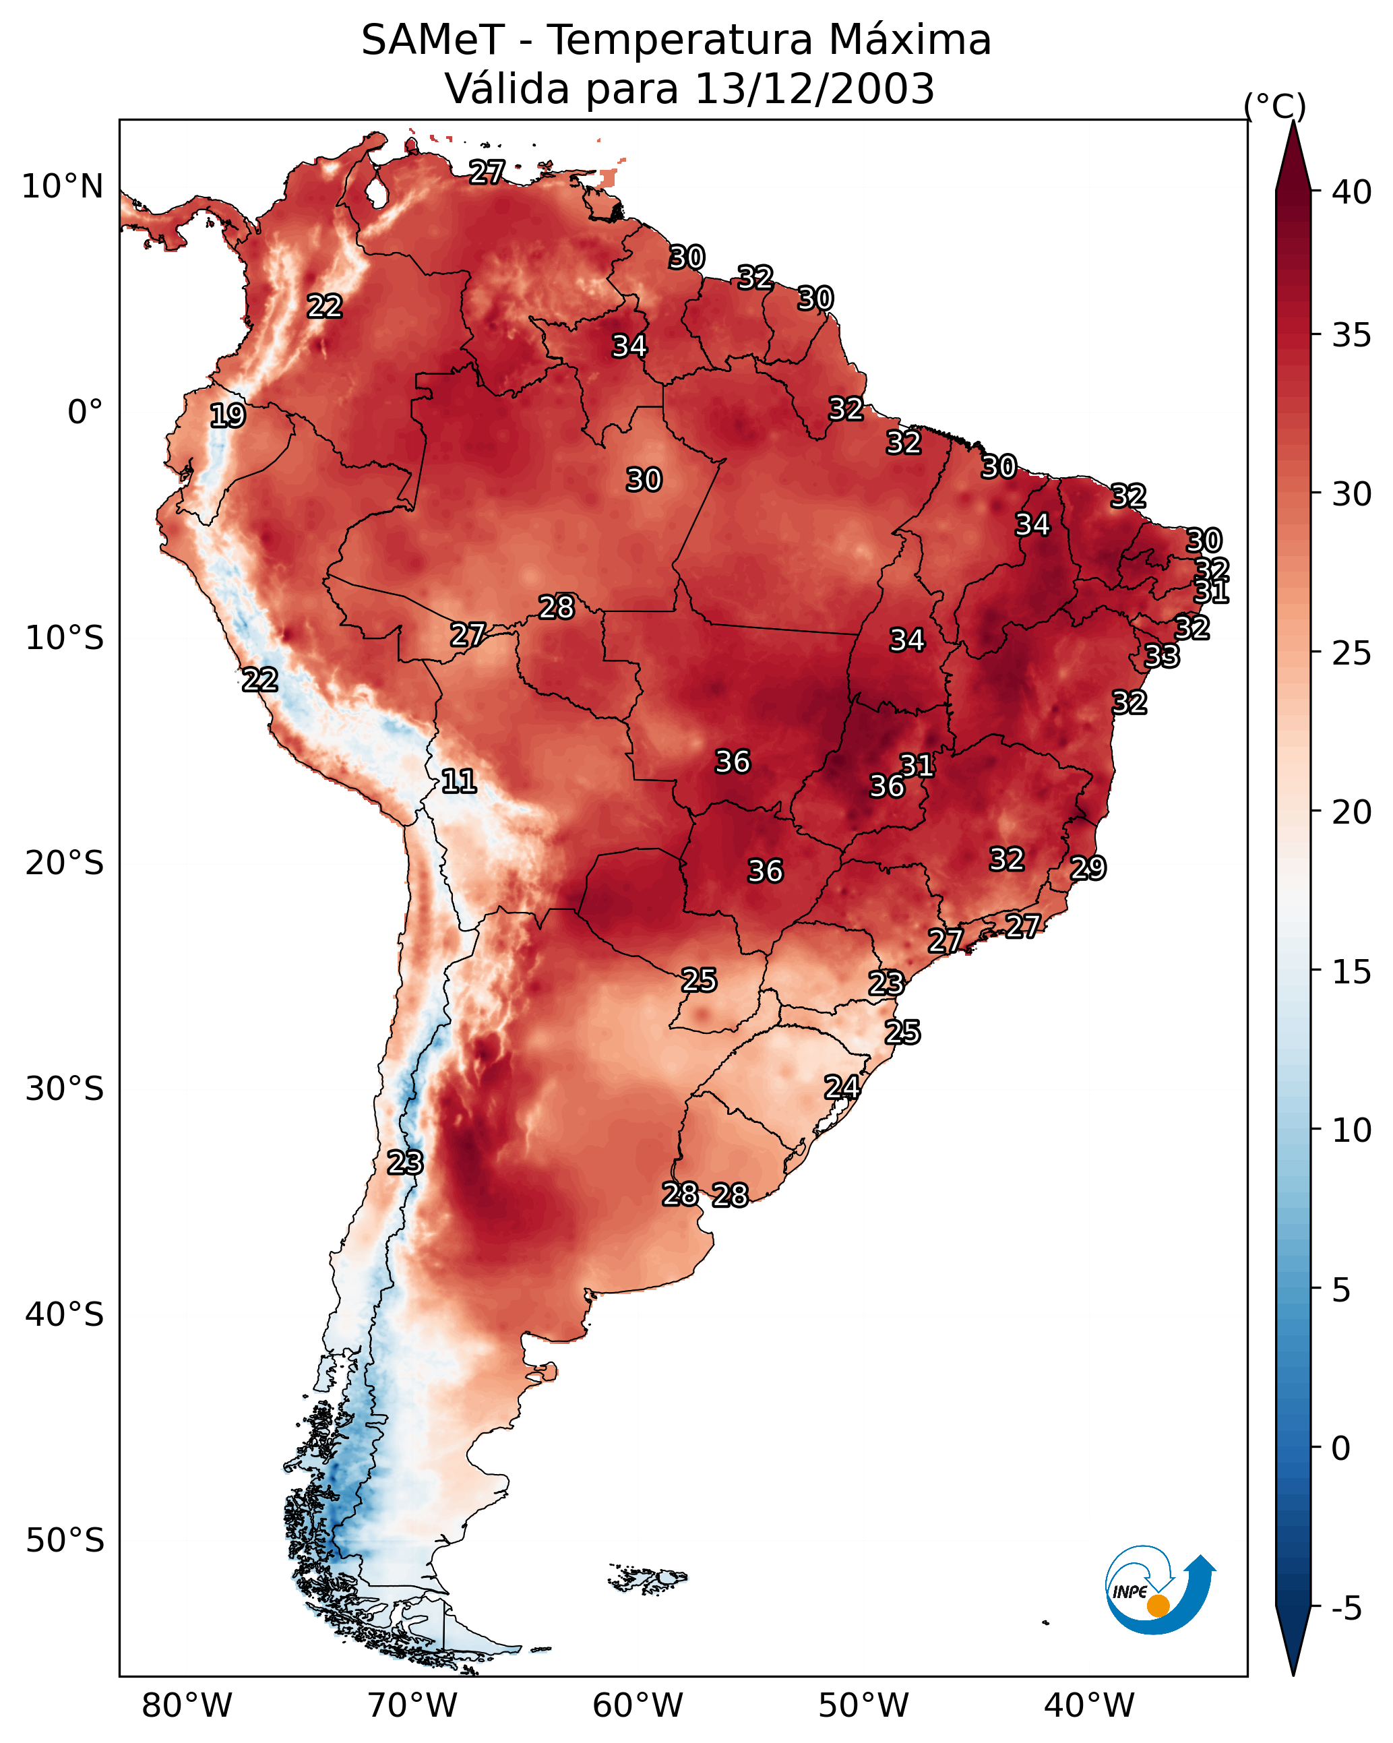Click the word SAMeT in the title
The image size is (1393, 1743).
pos(433,40)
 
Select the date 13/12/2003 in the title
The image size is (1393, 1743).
pos(814,89)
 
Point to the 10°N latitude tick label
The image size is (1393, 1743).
pos(62,187)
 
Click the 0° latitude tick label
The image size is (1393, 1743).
pos(85,412)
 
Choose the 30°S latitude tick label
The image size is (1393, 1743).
pos(64,1089)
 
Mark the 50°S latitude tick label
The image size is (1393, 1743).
pos(64,1541)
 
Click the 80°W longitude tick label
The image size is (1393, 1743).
pos(187,1706)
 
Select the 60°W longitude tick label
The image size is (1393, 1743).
pos(638,1706)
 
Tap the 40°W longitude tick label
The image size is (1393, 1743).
pos(1089,1706)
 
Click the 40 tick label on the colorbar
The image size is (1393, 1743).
pos(1352,192)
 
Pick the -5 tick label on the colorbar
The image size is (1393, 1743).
pos(1346,1609)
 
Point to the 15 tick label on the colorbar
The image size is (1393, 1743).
pos(1352,972)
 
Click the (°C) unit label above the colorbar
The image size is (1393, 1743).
pos(1274,106)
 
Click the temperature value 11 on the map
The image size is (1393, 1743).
pos(458,781)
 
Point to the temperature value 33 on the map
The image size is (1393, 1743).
pos(1162,656)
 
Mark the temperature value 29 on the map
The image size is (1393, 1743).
pos(1088,868)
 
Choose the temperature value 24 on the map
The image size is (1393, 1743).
pos(842,1087)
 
